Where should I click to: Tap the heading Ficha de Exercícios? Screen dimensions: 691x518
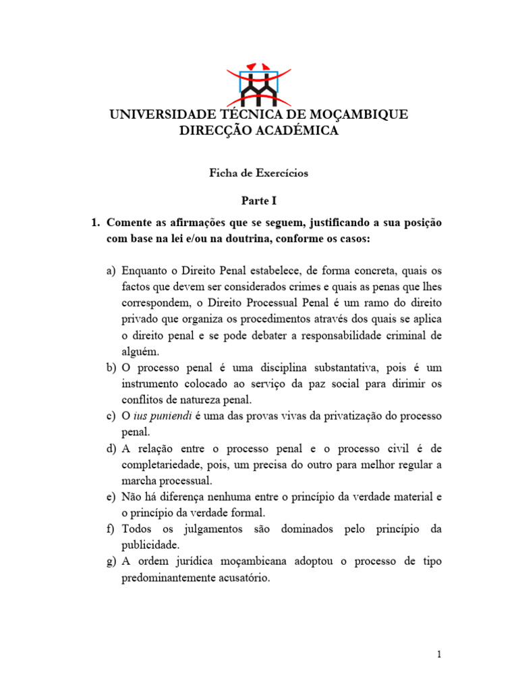[x=258, y=173]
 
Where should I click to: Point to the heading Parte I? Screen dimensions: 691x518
[x=259, y=200]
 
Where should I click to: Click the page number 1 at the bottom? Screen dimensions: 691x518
[x=438, y=654]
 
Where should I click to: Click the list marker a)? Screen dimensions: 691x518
[x=111, y=271]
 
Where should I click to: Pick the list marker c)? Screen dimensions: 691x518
[x=111, y=416]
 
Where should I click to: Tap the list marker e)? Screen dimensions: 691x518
[x=111, y=497]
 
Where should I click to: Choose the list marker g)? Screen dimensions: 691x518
[x=111, y=562]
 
